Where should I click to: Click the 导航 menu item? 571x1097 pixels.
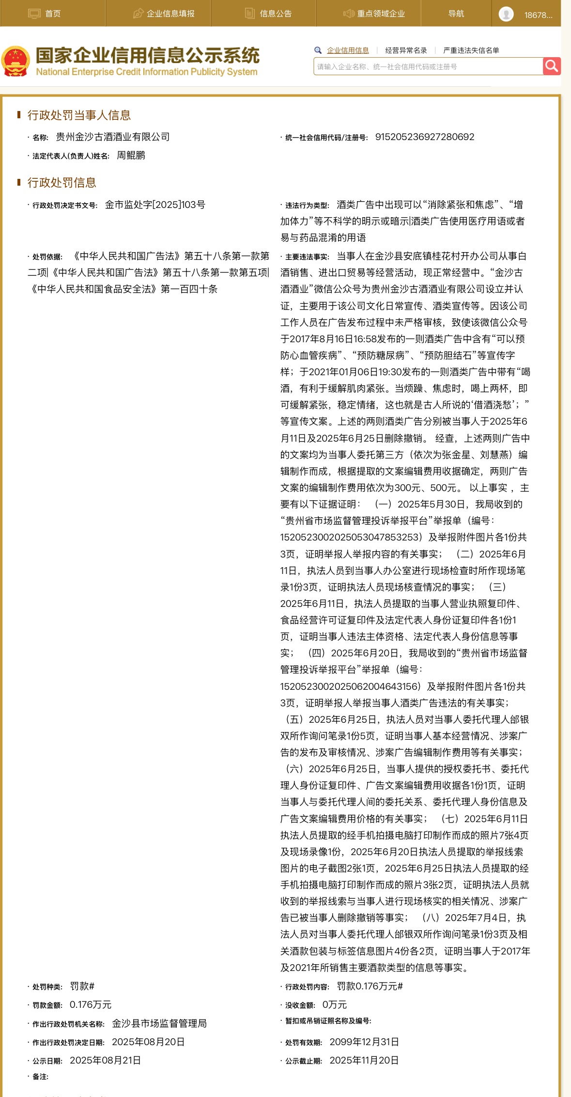pos(456,14)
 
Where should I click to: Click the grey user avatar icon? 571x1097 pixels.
pos(506,14)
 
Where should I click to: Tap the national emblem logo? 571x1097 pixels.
pos(16,62)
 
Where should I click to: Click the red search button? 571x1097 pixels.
pos(552,66)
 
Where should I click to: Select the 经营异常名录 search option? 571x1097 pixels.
pos(406,50)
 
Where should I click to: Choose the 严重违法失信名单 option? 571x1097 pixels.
pos(471,50)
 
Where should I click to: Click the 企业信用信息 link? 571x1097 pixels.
pos(348,50)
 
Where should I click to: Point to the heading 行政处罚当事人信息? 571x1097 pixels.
pos(79,115)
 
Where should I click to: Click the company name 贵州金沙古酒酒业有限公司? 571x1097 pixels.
pos(113,137)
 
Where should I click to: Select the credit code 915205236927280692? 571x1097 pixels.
pos(425,137)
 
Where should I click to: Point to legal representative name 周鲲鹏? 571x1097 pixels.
pos(131,156)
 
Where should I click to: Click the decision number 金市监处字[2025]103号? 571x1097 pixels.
pos(155,205)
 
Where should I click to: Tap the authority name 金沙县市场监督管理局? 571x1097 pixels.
pos(159,1023)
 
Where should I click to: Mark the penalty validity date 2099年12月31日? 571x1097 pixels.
pos(364,1042)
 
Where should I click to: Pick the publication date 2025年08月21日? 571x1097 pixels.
pos(105,1060)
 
